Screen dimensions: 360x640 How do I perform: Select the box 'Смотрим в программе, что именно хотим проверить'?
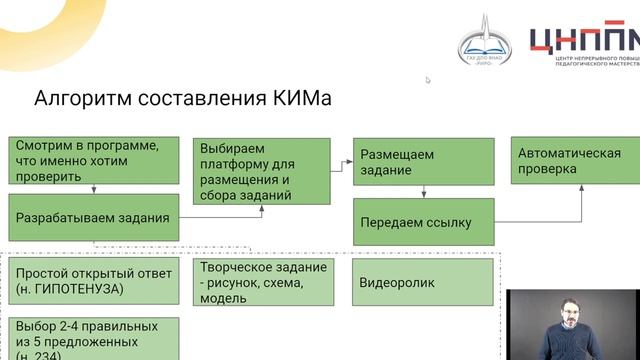tap(94, 160)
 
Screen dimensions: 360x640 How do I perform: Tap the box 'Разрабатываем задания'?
tap(94, 217)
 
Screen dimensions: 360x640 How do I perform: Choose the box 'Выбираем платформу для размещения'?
tap(262, 170)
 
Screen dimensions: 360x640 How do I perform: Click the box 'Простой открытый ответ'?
tap(94, 280)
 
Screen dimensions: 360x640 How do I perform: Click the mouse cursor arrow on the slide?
tap(428, 80)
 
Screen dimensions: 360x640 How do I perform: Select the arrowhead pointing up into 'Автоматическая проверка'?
tap(584, 189)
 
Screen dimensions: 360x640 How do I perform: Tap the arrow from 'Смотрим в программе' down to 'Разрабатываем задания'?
tap(94, 190)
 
